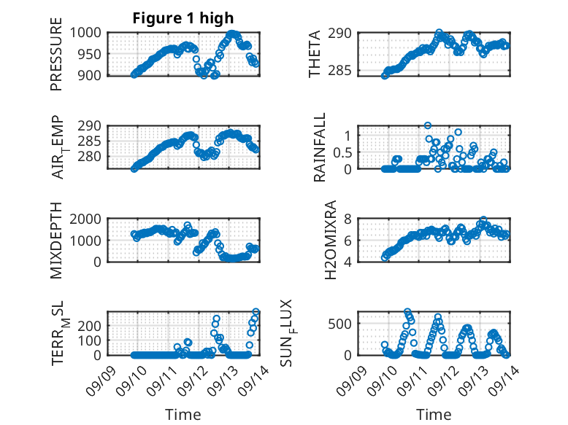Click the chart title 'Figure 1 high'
pos(183,18)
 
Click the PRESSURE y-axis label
pos(56,59)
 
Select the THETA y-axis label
pos(315,54)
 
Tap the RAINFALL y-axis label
pos(320,148)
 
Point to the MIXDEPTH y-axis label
pos(56,241)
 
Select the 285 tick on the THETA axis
pos(344,71)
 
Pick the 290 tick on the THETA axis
pos(344,34)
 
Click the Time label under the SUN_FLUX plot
pos(434,415)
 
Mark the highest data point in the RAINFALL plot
pos(428,125)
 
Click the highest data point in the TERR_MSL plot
pos(256,312)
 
